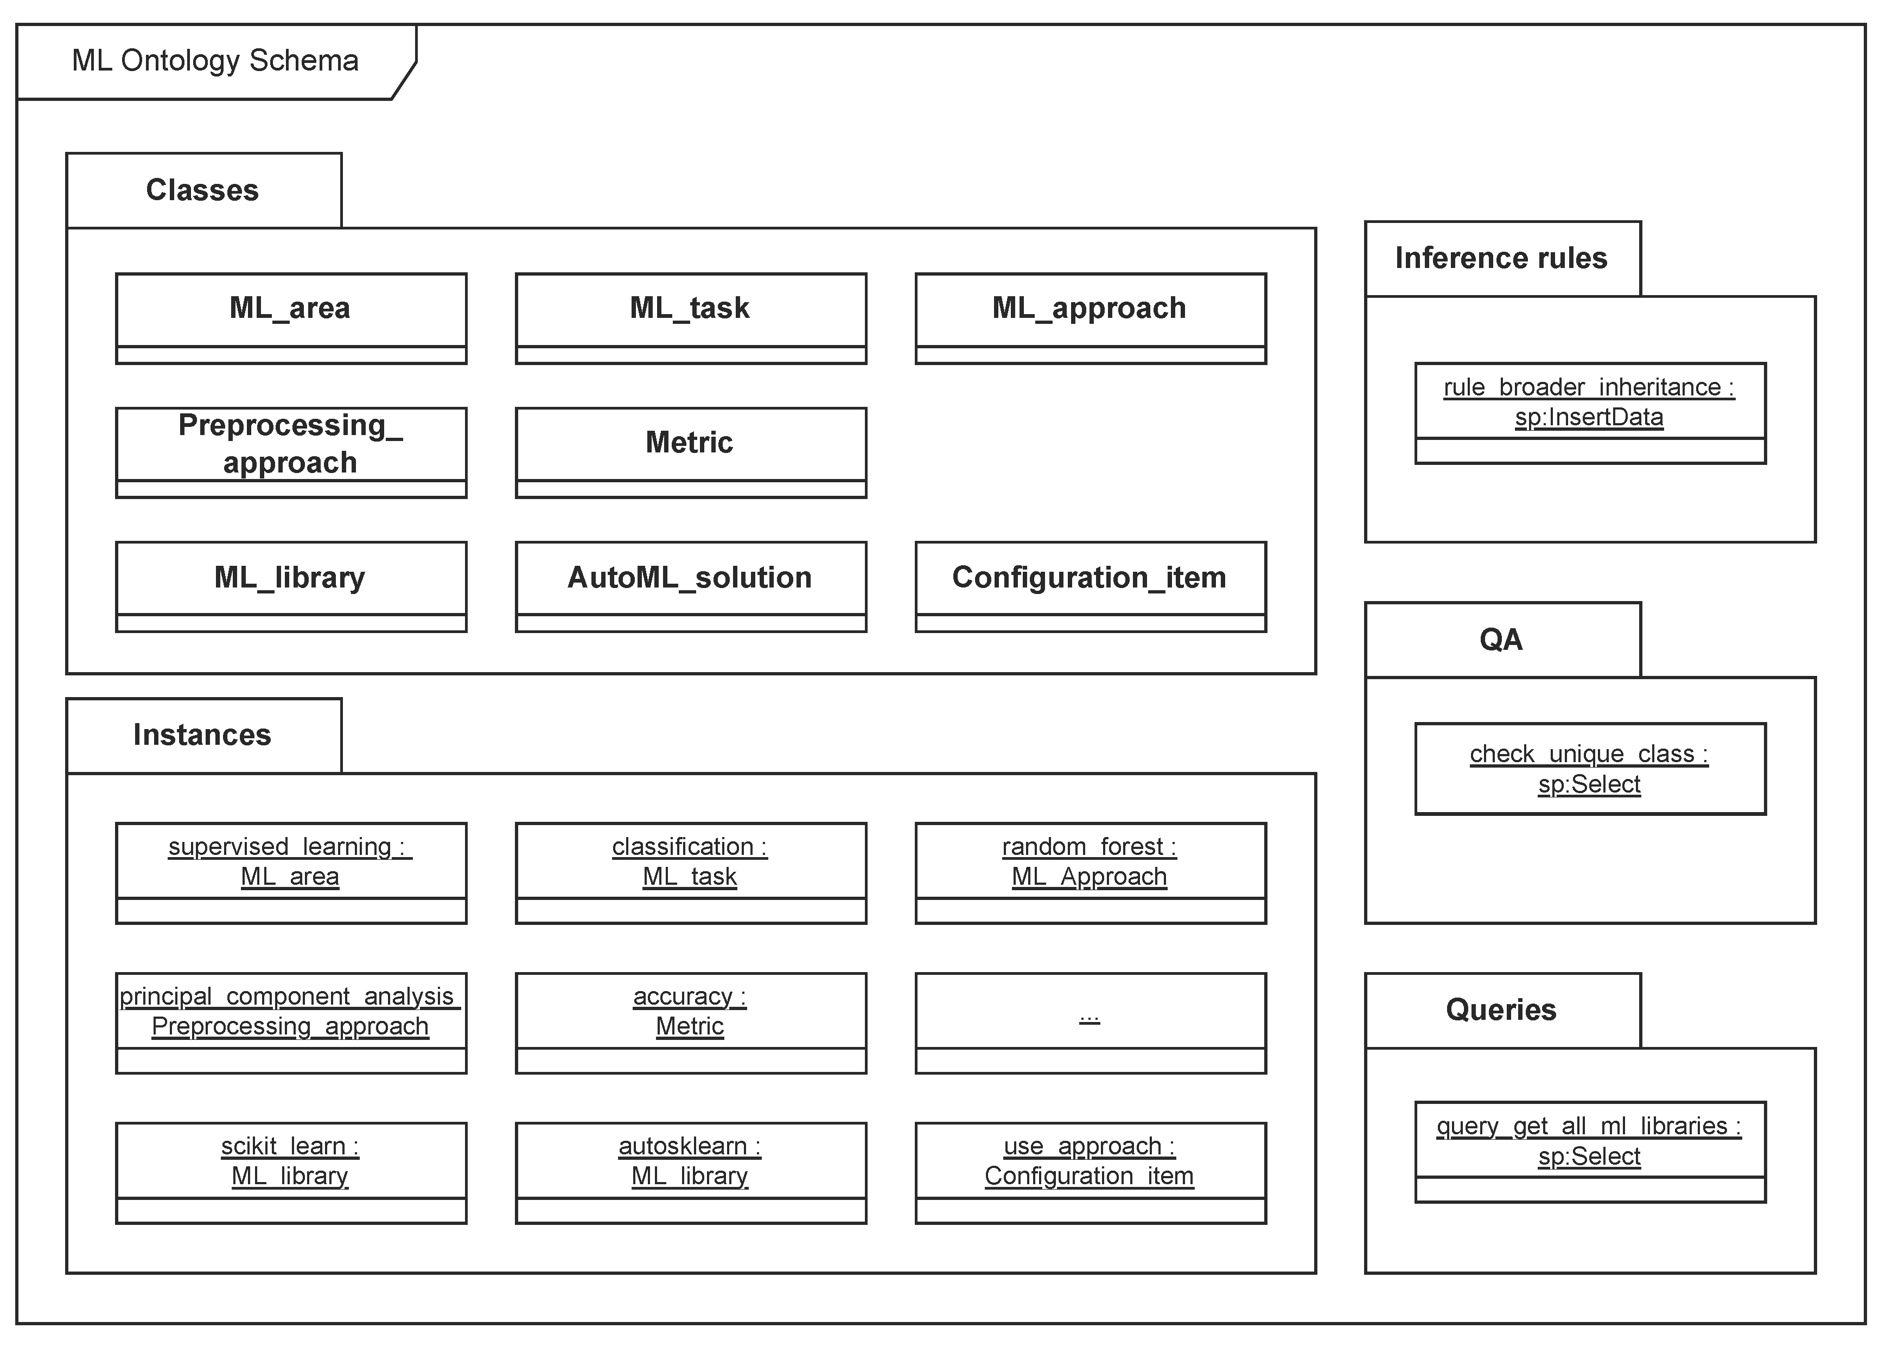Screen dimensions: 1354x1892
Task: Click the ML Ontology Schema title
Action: tap(214, 61)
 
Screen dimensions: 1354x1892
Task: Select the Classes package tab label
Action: tap(202, 190)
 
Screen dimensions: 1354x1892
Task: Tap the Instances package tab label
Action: tap(202, 735)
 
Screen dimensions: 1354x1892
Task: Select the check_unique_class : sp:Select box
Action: tap(1589, 769)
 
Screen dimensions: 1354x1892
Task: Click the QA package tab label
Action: tap(1500, 640)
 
